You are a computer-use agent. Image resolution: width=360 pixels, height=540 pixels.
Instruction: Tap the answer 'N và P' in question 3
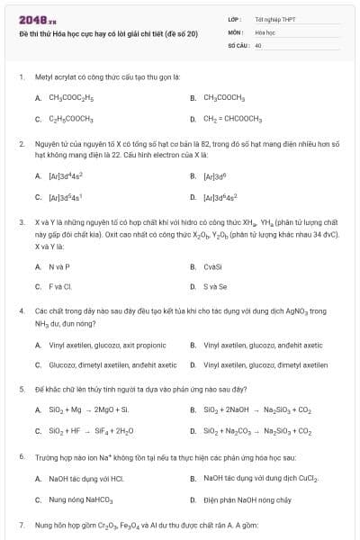[59, 266]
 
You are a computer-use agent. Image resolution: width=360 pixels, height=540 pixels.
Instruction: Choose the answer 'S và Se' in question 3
[215, 287]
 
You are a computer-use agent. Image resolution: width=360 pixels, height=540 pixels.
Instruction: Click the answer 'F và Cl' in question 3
[59, 287]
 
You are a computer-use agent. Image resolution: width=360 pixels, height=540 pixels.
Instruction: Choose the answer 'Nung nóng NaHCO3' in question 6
[80, 499]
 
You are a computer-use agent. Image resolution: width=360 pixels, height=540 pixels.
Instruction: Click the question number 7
[22, 523]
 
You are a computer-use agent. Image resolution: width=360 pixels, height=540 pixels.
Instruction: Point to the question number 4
[22, 310]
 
